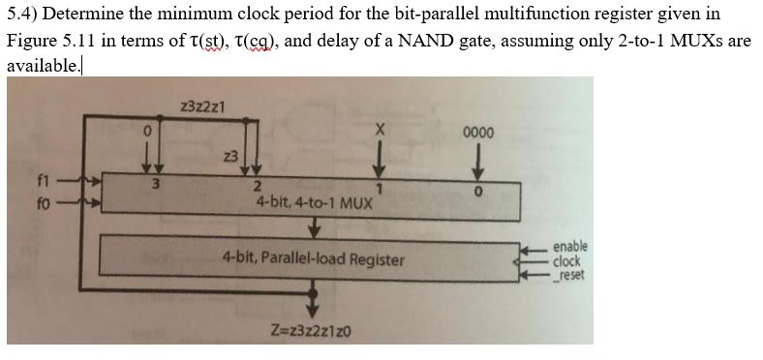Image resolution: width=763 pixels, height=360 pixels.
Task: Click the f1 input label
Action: tap(42, 179)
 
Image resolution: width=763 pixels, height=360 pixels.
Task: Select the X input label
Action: tap(381, 129)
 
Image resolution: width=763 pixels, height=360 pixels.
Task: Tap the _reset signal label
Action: tap(567, 274)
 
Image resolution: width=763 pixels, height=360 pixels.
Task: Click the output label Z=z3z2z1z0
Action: tap(312, 332)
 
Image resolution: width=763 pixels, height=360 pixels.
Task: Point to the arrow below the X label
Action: tap(381, 155)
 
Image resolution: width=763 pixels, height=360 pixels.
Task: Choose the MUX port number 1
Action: tap(381, 187)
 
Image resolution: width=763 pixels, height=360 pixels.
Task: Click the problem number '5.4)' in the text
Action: tap(22, 15)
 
